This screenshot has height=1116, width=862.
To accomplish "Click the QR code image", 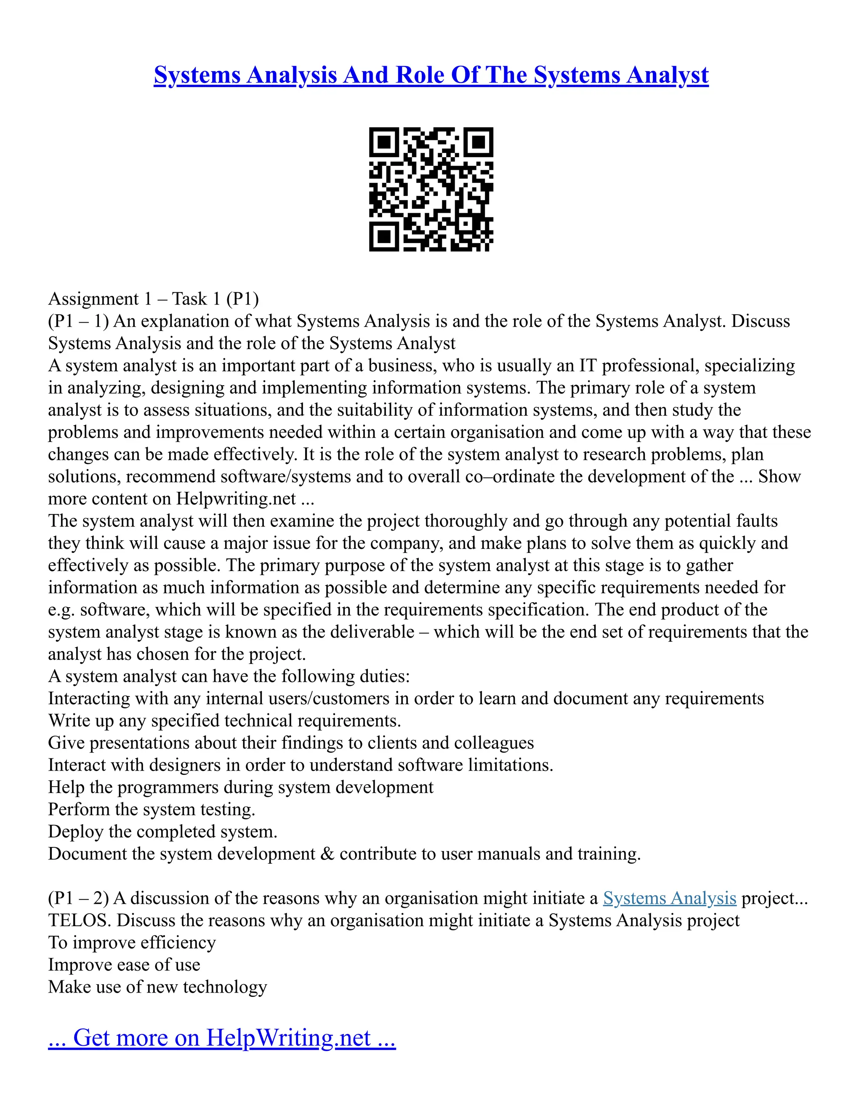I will [431, 189].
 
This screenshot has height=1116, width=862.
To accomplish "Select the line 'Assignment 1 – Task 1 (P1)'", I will [153, 299].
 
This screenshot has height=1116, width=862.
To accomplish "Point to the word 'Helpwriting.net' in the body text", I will [236, 498].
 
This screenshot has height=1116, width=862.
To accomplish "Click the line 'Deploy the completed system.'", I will [162, 831].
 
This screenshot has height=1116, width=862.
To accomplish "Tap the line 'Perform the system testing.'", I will [152, 809].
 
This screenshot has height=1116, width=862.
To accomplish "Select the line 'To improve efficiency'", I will [132, 942].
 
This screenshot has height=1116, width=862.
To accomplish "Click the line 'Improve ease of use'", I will [124, 965].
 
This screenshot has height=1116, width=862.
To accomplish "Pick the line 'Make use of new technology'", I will [157, 987].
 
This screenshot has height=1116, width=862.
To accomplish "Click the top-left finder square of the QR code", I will [384, 142].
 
